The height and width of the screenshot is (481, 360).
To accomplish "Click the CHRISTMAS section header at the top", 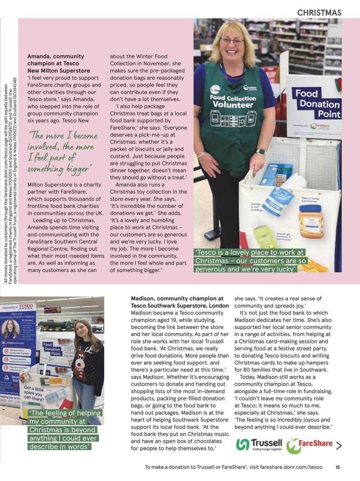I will [x=319, y=13].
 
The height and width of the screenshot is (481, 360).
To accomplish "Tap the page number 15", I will [x=338, y=467].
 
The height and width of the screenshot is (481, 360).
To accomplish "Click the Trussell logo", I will [x=259, y=445].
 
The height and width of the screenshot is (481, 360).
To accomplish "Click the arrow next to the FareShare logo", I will [x=338, y=445].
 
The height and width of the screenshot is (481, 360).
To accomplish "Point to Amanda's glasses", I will [x=232, y=41].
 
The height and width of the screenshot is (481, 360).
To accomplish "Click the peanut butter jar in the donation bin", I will [x=311, y=221].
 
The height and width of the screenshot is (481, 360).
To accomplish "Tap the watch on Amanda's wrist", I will [x=261, y=152].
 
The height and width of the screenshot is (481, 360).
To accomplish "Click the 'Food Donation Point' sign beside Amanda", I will [x=318, y=104].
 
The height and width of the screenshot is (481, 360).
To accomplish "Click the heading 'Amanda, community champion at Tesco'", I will [x=56, y=60].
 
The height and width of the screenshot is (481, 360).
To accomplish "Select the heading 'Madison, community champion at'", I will [x=177, y=298].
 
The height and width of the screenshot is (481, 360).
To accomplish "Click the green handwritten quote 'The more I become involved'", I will [x=62, y=152].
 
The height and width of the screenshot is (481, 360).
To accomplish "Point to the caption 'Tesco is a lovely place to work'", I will [x=250, y=261].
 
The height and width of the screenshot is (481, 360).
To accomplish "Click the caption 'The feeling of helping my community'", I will [x=65, y=429].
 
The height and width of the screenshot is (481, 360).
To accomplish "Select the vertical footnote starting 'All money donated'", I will [x=10, y=180].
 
